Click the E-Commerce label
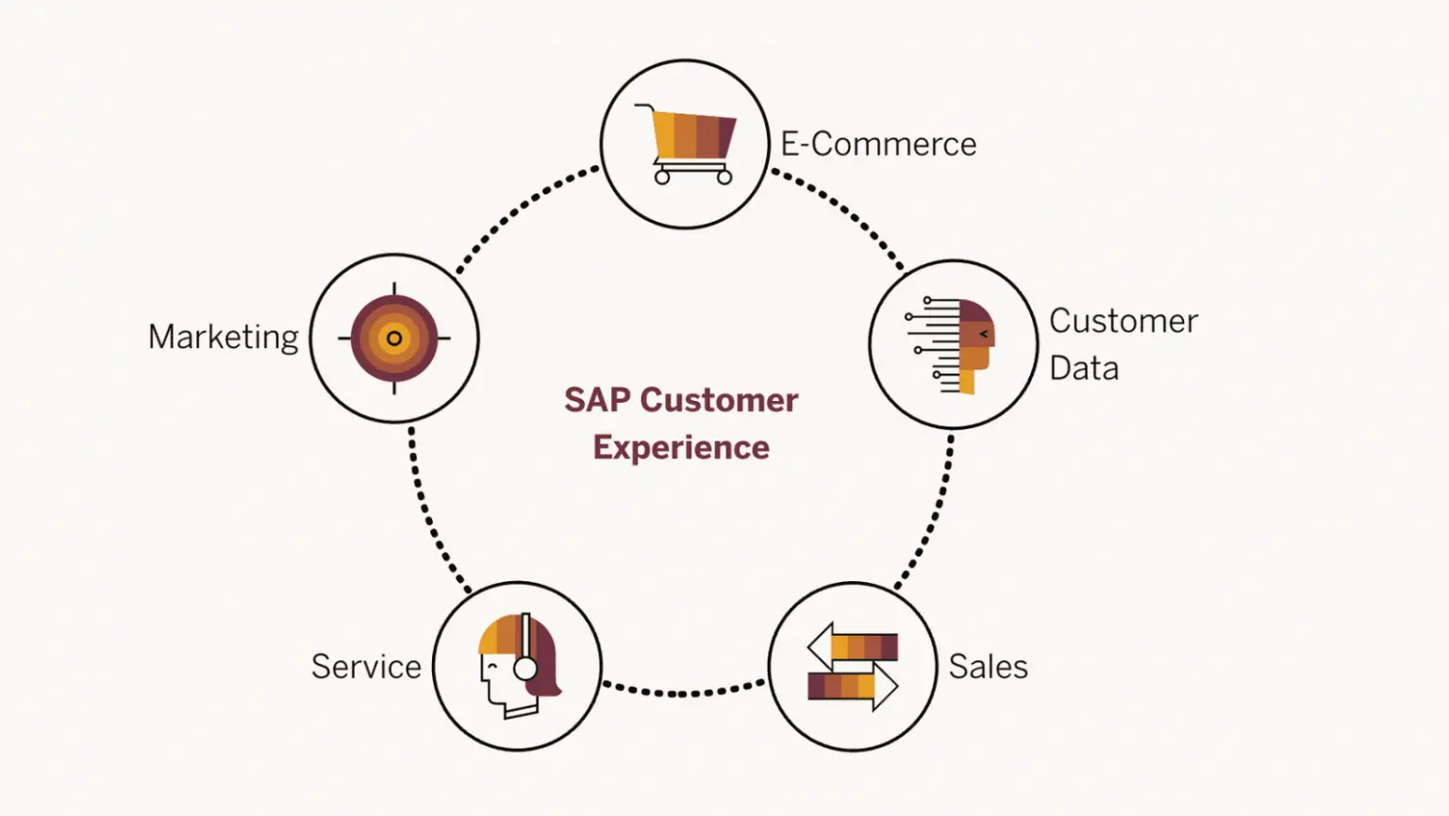(x=878, y=144)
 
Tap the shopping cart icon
(x=688, y=142)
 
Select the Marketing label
(x=224, y=337)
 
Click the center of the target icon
(x=394, y=338)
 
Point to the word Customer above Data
(x=1124, y=321)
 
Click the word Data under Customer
(x=1084, y=368)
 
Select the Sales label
(x=988, y=667)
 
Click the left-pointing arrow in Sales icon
(x=852, y=647)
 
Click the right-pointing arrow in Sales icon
(x=853, y=686)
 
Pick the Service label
(x=366, y=667)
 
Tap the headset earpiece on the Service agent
(x=525, y=668)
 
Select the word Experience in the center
(x=681, y=447)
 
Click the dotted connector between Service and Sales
(x=684, y=693)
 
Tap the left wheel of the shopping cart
(x=662, y=176)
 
